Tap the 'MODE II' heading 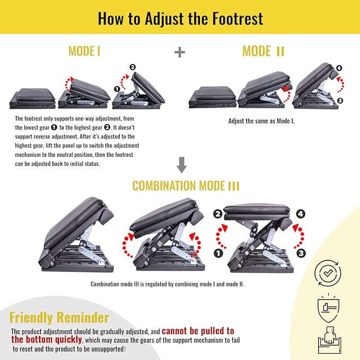pyautogui.click(x=264, y=51)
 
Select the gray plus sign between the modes pyautogui.click(x=180, y=51)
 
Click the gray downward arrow pyautogui.click(x=182, y=166)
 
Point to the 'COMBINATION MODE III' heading pyautogui.click(x=186, y=186)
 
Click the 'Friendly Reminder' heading pyautogui.click(x=59, y=318)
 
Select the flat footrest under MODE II pyautogui.click(x=212, y=98)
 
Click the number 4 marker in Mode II pyautogui.click(x=339, y=68)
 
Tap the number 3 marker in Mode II pyautogui.click(x=339, y=100)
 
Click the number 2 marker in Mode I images pyautogui.click(x=133, y=67)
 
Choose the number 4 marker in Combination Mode pyautogui.click(x=301, y=215)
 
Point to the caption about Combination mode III pyautogui.click(x=167, y=284)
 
